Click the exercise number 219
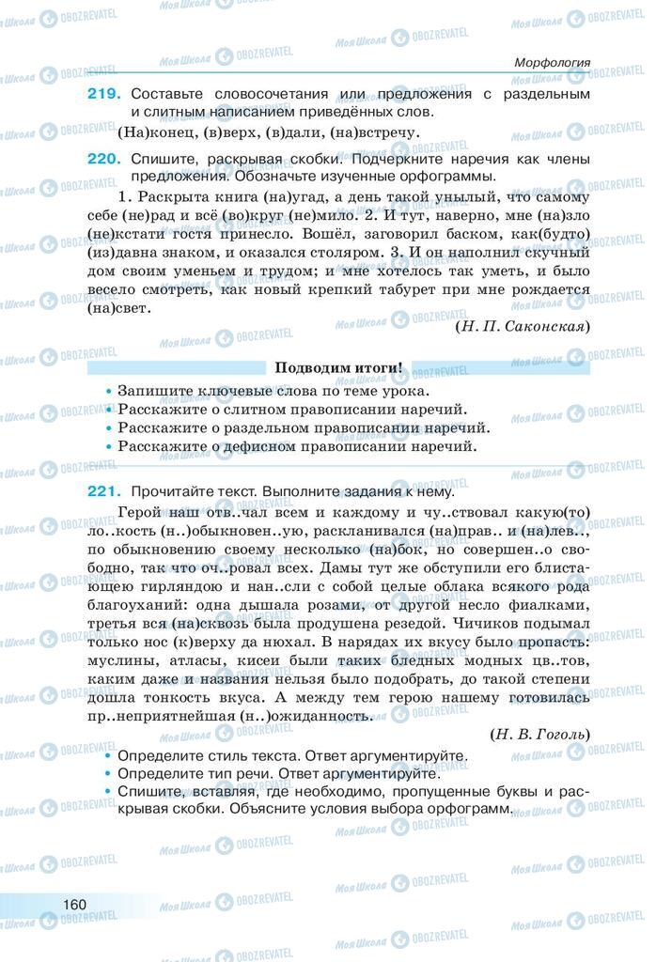[104, 94]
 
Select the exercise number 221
[104, 490]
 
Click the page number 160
[75, 904]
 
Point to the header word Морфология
[552, 62]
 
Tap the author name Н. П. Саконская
[522, 326]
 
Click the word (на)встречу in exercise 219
[374, 132]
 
